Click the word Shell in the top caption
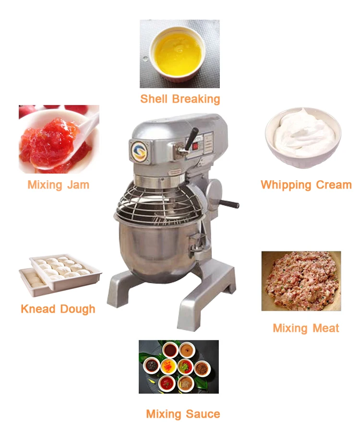tap(154, 99)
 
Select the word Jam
tap(78, 185)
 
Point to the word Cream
tap(334, 185)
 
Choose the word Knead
tap(38, 309)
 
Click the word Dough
tap(77, 309)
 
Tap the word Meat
tap(326, 328)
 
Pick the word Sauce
tap(203, 414)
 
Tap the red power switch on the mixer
tap(195, 147)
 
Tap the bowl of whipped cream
tap(303, 138)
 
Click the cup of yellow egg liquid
tap(178, 54)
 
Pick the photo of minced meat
tap(301, 281)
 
